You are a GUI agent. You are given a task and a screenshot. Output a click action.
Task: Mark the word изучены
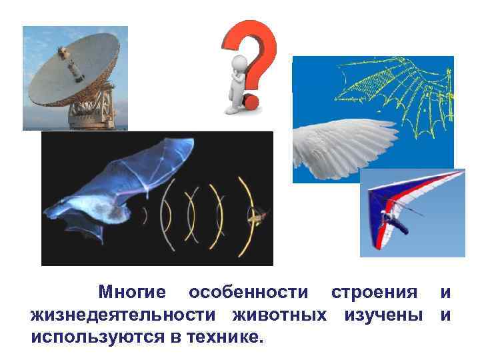coord(383,315)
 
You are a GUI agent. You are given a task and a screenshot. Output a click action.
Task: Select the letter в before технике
coord(175,337)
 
